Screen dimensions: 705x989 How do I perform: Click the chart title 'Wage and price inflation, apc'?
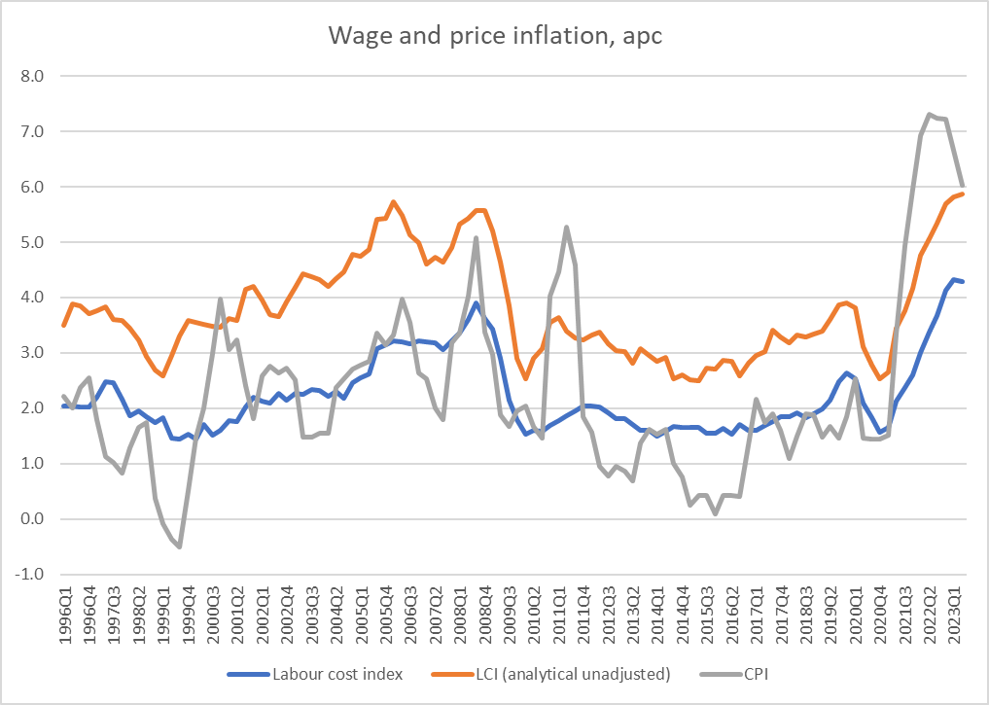[494, 36]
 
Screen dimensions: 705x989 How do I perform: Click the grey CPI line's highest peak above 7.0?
[929, 115]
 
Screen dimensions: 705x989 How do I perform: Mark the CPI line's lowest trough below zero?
[180, 546]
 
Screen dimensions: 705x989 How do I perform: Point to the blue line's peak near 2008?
[476, 303]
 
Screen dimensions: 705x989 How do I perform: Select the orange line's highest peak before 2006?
[393, 202]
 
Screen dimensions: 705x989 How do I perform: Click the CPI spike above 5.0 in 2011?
[566, 228]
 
